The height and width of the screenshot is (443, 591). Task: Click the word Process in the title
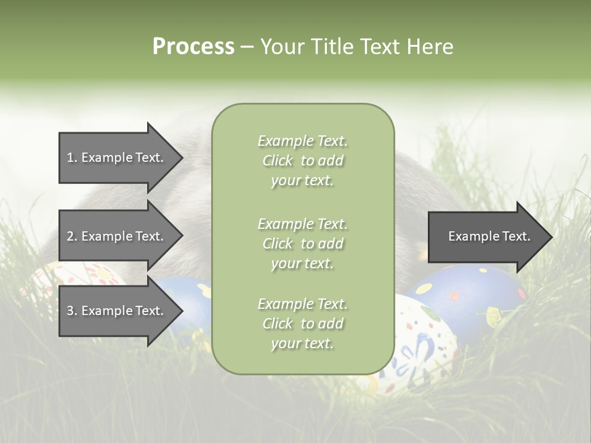coord(193,47)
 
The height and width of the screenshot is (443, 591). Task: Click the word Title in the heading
coord(333,47)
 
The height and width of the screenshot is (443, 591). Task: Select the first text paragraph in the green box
coord(302,161)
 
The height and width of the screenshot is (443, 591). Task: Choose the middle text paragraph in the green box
coord(302,244)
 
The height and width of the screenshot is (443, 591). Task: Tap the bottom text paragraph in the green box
coord(302,324)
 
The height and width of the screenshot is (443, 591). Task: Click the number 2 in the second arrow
coord(70,236)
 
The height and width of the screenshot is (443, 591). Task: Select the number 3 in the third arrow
coord(70,311)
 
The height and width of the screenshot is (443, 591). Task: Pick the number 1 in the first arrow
coord(70,158)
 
